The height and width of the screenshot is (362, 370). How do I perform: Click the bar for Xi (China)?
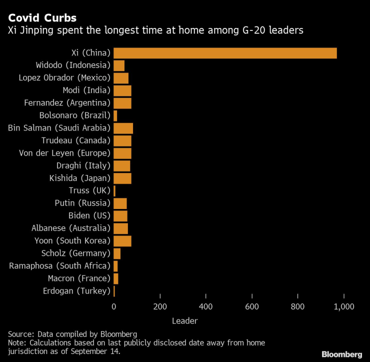click(225, 52)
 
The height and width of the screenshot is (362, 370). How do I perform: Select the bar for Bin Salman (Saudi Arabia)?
click(123, 127)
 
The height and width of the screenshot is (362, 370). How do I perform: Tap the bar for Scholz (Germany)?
click(117, 253)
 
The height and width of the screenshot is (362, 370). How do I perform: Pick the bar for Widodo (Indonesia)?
click(119, 65)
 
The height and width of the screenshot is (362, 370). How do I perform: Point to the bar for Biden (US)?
click(120, 215)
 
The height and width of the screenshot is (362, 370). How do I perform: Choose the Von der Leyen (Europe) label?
click(64, 152)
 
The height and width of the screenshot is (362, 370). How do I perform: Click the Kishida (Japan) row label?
click(79, 178)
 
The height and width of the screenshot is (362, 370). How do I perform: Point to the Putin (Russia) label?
click(82, 203)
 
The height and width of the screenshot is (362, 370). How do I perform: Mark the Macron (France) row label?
click(78, 278)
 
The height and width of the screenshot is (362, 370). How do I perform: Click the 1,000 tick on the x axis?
click(344, 306)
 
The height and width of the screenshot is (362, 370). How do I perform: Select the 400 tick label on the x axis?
click(206, 306)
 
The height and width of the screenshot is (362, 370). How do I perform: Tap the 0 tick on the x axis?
click(114, 306)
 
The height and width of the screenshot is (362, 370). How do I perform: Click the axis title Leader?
click(184, 320)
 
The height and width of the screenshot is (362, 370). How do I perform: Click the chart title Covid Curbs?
click(42, 18)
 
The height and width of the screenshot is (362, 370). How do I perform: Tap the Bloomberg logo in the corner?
click(341, 354)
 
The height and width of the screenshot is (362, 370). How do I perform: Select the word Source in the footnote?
click(20, 333)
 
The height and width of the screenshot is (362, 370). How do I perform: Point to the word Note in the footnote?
click(16, 342)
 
